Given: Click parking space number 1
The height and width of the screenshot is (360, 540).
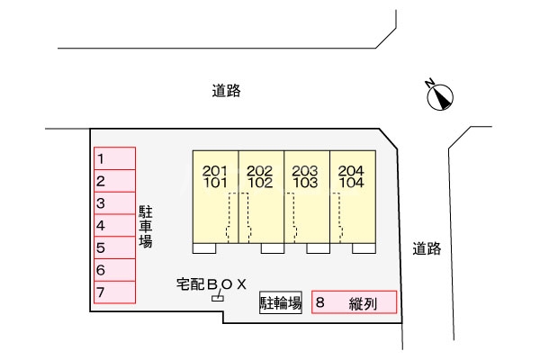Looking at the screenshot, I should pos(115,159).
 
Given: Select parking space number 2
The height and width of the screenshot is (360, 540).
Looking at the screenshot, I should pos(115,181).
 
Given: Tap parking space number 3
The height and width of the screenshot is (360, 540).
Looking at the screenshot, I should pos(115,203).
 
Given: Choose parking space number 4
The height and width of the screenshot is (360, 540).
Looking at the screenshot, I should pos(115,225).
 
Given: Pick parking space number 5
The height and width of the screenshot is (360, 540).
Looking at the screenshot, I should pos(115,247).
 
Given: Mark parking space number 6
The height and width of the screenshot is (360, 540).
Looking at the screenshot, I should pos(115,269).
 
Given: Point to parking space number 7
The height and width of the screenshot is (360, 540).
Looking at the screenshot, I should pos(115,292).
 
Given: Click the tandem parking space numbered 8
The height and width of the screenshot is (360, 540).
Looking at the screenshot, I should pos(355,302).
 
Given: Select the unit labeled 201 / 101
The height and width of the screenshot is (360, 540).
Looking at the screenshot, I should pos(215,196).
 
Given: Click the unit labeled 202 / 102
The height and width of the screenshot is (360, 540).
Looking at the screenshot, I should pos(261,196).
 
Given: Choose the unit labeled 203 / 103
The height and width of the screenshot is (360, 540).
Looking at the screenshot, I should pos(307,196).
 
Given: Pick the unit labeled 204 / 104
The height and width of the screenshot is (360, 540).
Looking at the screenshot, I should pos(353,196).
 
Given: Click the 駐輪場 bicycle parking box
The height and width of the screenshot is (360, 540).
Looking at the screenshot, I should pos(280,302).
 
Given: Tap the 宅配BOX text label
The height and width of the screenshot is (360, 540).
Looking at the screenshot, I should pos(211,284).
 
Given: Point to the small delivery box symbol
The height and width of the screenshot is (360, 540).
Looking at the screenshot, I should pos(216,297).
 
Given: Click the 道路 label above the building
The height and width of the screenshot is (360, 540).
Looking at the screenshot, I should pos(227,91).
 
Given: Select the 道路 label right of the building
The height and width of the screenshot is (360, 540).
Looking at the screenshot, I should pos(427,249).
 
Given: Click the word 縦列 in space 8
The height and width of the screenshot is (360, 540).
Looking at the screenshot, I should pos(363,303).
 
